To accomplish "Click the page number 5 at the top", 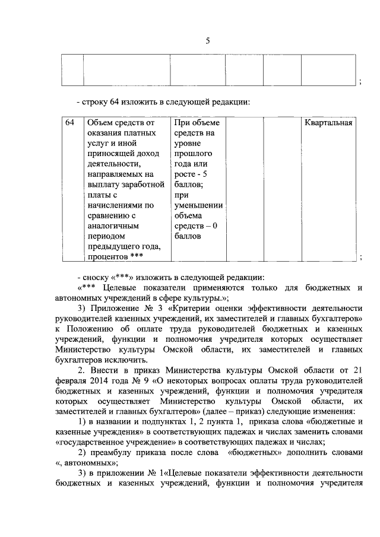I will (207, 41).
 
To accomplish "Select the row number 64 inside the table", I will (69, 123).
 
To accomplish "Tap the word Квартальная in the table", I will (329, 123).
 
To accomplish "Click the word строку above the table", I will (97, 101).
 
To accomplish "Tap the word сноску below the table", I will (98, 277).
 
